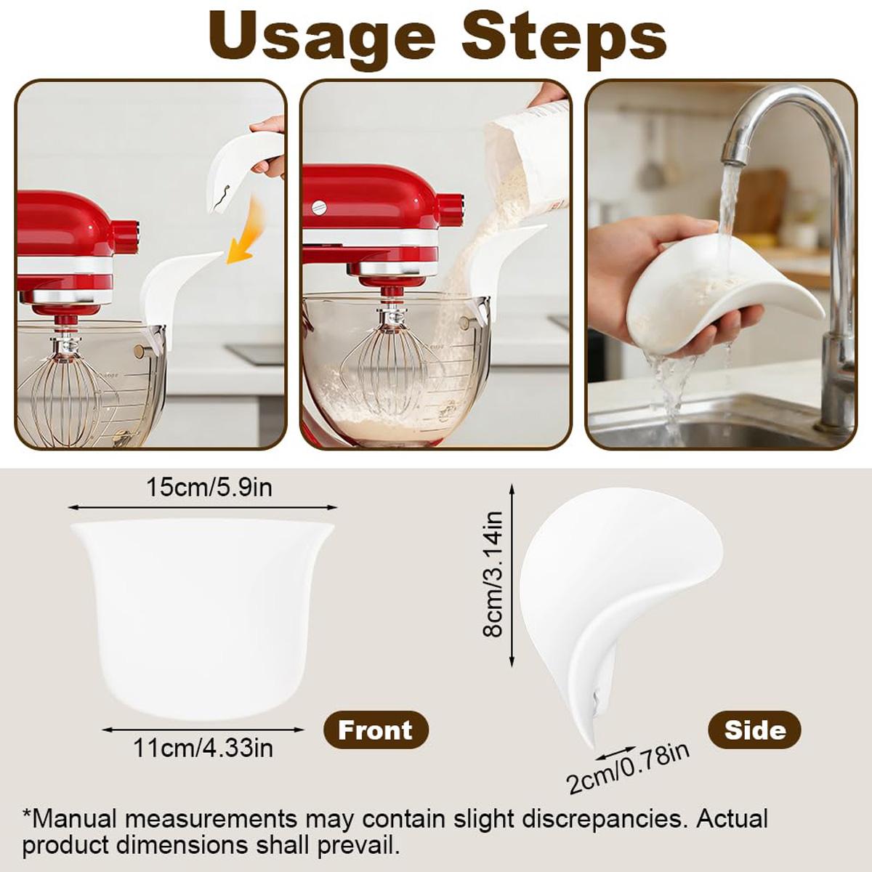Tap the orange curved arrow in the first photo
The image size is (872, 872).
(247, 229)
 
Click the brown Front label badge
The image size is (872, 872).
(376, 730)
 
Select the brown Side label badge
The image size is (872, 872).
(754, 730)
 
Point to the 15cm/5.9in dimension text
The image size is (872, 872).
(209, 487)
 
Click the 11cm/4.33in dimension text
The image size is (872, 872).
(203, 747)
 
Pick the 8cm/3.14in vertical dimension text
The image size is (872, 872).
(493, 574)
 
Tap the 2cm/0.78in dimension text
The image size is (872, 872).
(628, 769)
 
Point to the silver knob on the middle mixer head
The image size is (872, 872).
(319, 206)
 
